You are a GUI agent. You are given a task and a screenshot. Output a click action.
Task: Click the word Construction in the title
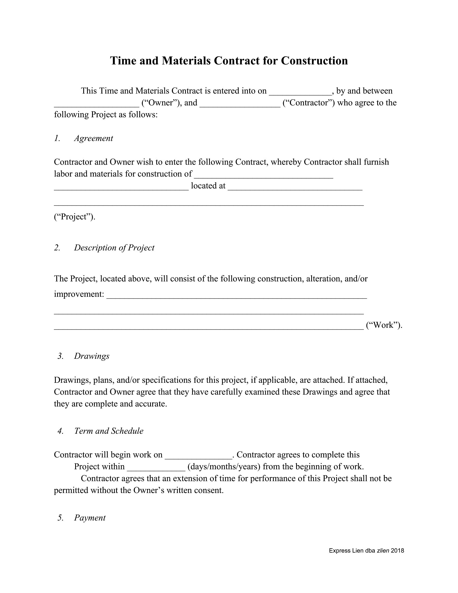point(314,61)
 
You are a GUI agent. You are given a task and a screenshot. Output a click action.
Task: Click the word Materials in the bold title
point(186,61)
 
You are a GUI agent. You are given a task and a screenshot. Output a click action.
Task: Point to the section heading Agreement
point(93,138)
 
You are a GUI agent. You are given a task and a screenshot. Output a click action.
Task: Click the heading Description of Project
point(114,248)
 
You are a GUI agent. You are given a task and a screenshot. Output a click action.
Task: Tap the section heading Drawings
point(91,356)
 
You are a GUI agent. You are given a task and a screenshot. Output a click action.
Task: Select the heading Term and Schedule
point(109,431)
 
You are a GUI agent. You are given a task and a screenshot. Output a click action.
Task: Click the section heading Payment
point(89,518)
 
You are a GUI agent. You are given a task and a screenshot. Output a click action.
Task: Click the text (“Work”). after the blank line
point(384,325)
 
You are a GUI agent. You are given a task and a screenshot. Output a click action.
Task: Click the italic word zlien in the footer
point(383,551)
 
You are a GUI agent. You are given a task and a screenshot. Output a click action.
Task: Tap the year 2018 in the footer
point(397,551)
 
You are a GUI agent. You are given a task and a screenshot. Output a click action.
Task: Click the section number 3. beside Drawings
point(60,356)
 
